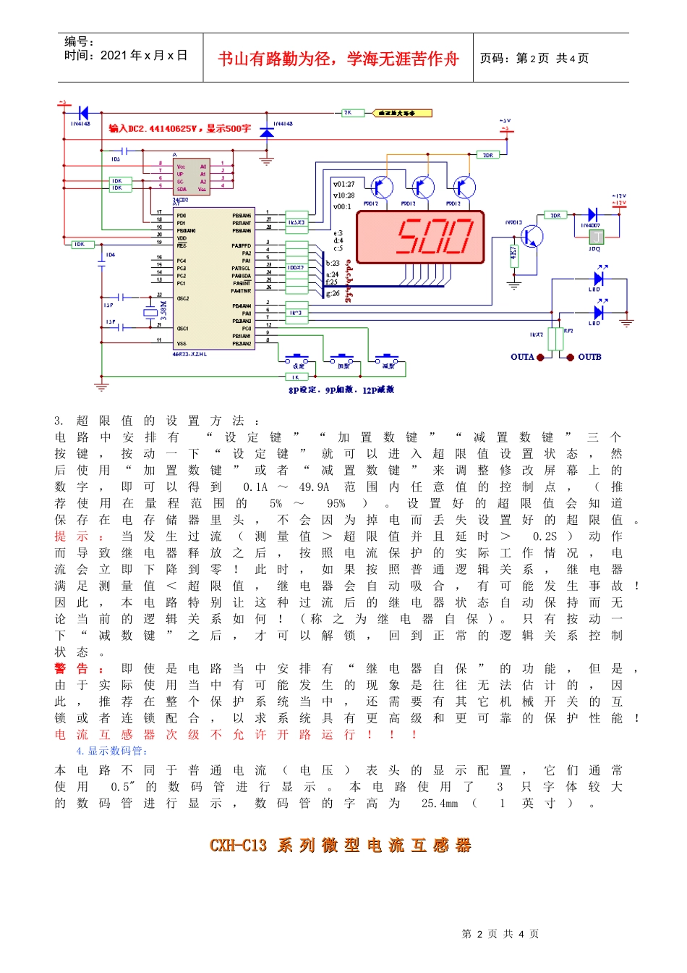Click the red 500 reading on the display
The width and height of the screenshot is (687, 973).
pos(434,237)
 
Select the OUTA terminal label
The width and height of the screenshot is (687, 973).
pos(521,357)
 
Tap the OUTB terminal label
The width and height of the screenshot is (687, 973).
pos(589,357)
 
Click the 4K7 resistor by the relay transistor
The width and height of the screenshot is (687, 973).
pos(514,254)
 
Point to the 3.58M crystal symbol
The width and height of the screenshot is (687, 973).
pos(150,313)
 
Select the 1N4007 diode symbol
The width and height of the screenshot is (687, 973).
pos(592,215)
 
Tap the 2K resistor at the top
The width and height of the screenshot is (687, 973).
pos(348,113)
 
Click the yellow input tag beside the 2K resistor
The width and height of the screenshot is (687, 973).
pos(402,113)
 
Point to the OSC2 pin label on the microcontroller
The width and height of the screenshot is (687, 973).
pos(183,298)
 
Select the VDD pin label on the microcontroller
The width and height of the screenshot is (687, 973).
pos(182,237)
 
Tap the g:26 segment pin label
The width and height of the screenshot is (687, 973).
pos(333,293)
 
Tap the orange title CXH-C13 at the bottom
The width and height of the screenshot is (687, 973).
pos(238,845)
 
